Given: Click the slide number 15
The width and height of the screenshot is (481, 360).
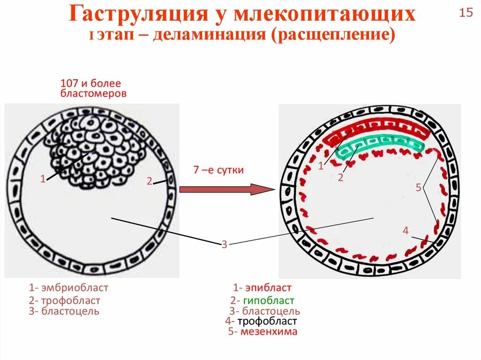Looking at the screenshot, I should pos(466,13).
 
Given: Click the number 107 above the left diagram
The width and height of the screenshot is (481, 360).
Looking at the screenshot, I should pos(69,84).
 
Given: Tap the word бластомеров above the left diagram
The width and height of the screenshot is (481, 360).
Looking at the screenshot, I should pos(93,93).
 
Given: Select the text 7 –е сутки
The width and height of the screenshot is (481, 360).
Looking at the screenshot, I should pos(218,170).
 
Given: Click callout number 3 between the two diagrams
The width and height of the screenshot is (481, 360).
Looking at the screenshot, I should pos(225,244).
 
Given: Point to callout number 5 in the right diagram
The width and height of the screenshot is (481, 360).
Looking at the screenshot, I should pos(419,188).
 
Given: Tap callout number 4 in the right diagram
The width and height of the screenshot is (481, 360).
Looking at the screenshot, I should pos(406,230).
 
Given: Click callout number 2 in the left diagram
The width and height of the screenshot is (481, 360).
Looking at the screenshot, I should pos(149,181).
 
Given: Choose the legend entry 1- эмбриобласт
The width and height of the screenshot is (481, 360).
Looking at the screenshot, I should pos(68,288).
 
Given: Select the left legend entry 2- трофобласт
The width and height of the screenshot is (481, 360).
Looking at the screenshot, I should pos(64,300).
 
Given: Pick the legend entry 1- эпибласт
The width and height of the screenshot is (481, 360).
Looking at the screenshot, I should pos(262,288).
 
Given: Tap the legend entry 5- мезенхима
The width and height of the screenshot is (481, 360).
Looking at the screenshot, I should pos(263,332).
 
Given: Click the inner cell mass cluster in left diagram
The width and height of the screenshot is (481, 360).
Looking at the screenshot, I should pos(94,150).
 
